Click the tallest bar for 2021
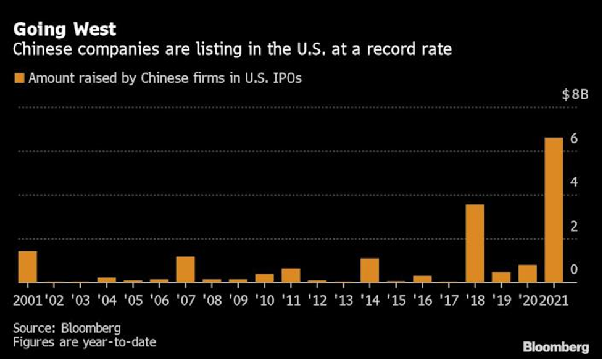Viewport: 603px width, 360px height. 554,210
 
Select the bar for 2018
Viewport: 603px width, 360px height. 475,243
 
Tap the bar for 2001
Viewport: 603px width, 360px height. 28,267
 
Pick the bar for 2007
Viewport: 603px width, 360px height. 185,269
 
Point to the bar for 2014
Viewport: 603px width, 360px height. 369,270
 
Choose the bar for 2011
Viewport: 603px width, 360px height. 291,275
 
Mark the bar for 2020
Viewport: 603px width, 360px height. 527,274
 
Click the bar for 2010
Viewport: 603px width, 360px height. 264,278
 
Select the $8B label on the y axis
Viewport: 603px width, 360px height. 575,95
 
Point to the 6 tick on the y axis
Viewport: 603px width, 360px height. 573,139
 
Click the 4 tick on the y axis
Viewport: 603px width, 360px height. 573,183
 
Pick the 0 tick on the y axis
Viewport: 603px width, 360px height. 573,270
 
